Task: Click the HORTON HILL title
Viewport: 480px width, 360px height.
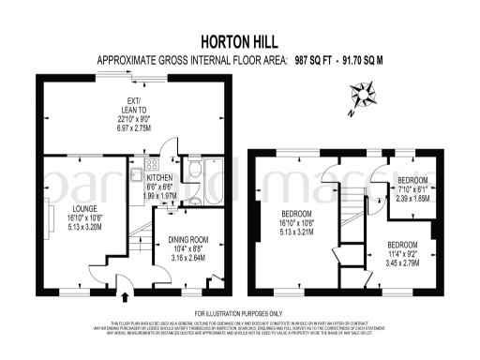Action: (239, 41)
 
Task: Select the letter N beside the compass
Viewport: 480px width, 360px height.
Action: (349, 112)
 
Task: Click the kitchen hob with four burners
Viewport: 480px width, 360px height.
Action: (138, 174)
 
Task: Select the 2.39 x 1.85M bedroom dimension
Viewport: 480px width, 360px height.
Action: (412, 198)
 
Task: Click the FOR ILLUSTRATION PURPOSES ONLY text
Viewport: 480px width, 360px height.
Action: (239, 312)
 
